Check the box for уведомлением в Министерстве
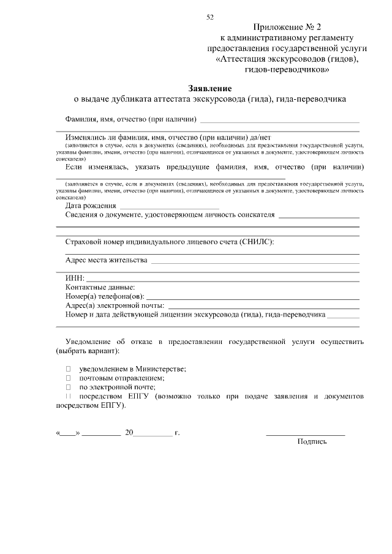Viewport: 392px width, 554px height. [69, 369]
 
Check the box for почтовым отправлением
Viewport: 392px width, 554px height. [69, 378]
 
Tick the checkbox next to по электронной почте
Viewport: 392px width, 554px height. [69, 387]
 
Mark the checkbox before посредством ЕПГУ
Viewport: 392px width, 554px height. [69, 397]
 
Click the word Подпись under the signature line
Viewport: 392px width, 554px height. [312, 441]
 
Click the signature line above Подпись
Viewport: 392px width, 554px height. [305, 435]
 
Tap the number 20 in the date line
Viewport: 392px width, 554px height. [129, 432]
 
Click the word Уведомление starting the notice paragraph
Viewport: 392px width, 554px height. [89, 342]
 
